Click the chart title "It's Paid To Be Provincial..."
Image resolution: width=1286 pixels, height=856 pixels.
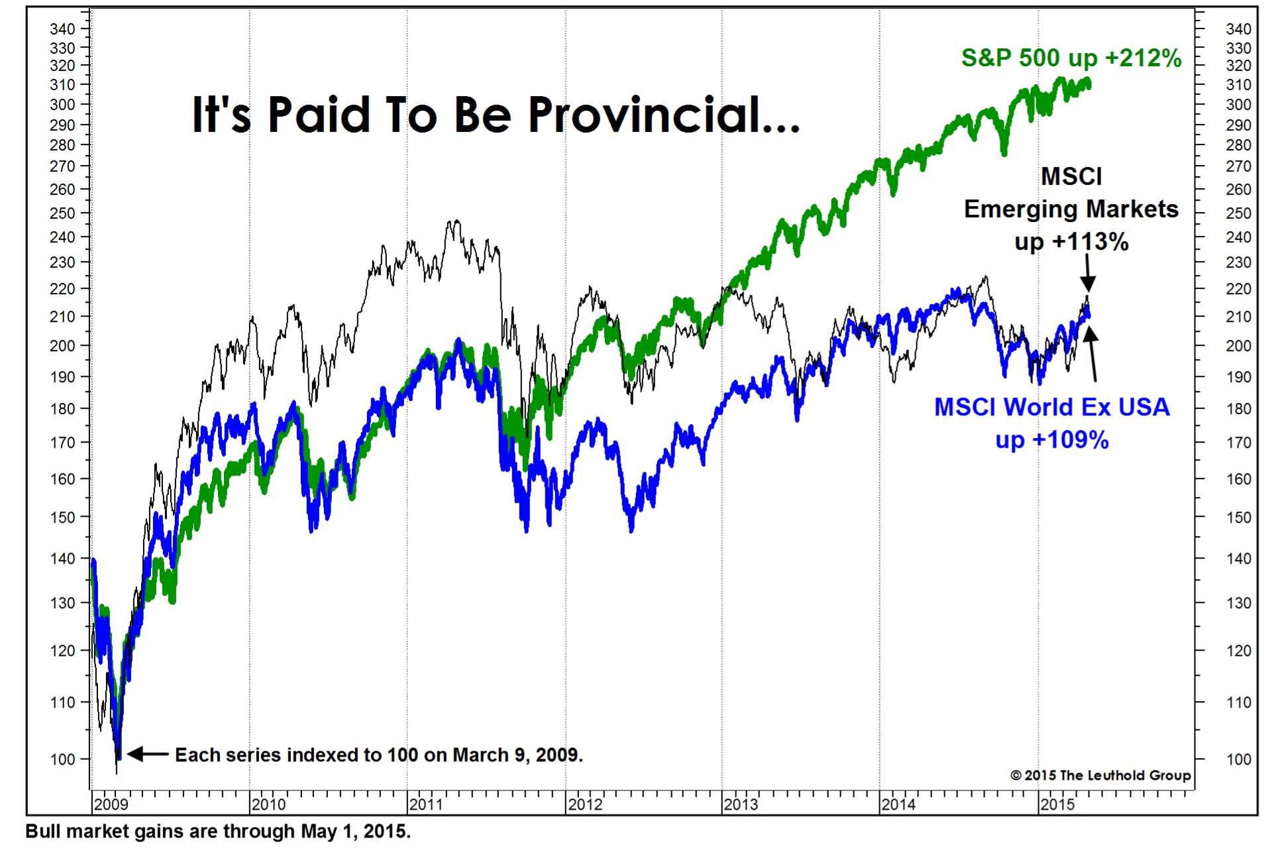pos(496,115)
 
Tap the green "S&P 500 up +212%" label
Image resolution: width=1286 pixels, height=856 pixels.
pos(1071,58)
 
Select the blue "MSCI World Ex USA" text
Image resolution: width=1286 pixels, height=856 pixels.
pos(1051,407)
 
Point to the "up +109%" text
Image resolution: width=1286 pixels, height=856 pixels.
pos(1051,440)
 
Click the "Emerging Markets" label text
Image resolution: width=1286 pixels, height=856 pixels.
pos(1071,209)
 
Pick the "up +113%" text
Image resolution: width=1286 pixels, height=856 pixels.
pos(1071,241)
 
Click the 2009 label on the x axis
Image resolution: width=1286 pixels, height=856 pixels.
pos(111,804)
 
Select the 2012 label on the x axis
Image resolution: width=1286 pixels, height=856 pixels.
pos(585,804)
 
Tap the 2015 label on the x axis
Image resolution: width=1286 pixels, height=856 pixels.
pos(1057,804)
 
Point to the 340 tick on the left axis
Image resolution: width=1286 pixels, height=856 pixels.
pos(62,28)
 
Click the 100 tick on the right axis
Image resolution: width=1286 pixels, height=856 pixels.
pos(1238,759)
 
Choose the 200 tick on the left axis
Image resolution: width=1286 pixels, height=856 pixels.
pos(62,345)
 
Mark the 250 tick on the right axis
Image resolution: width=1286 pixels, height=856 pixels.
pos(1238,213)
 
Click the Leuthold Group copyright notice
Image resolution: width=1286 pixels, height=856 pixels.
pos(1100,775)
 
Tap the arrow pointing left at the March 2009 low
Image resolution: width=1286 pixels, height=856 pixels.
pos(147,754)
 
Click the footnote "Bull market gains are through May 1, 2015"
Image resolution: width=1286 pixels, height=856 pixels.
pos(218,831)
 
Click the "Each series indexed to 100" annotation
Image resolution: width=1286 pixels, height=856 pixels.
pos(378,755)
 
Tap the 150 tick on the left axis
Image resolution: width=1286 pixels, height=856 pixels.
pos(62,517)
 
